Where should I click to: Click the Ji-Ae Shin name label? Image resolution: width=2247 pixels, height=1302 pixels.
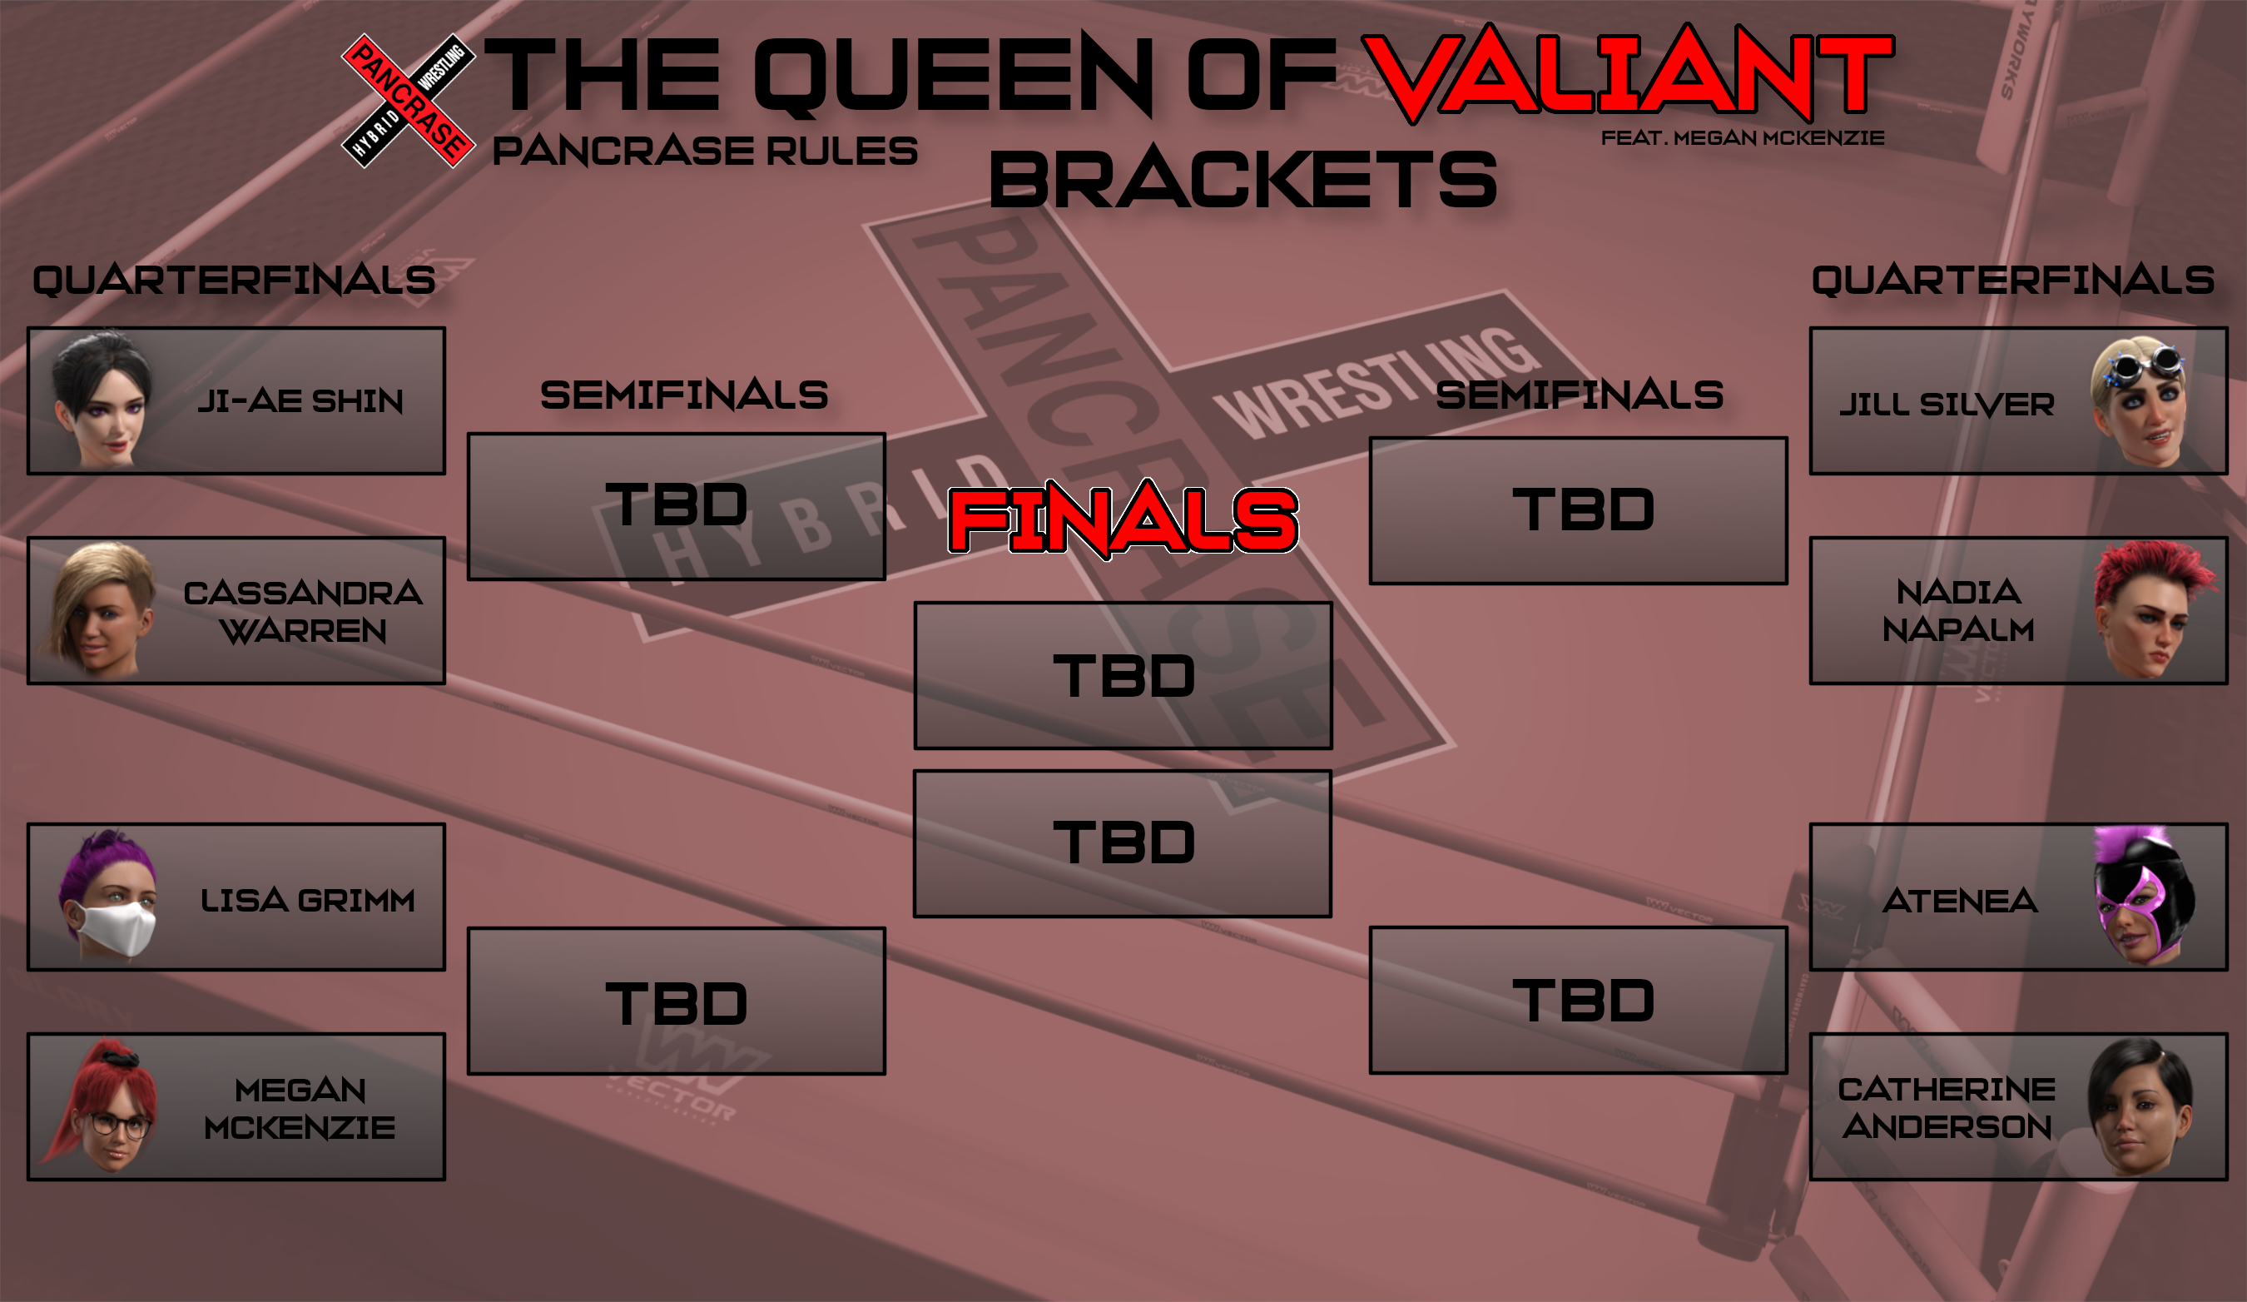tap(300, 401)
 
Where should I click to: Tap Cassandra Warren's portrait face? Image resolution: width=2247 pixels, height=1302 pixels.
tap(102, 610)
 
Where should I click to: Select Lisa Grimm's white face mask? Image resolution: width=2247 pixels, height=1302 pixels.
tap(114, 928)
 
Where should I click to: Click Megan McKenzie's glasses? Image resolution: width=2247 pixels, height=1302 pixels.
tap(118, 1126)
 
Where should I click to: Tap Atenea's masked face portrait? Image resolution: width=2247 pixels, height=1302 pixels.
tap(2144, 897)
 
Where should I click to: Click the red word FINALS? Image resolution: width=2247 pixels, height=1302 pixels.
tap(1123, 520)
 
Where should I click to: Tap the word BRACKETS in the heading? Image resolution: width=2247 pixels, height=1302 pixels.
tap(1243, 179)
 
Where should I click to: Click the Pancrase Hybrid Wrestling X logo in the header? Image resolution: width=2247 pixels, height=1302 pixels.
tap(409, 101)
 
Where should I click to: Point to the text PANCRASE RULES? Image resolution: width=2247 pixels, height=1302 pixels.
tap(704, 151)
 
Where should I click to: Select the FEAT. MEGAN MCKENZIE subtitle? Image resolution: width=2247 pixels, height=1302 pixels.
tap(1743, 138)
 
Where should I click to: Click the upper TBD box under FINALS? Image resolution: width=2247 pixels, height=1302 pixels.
tap(1123, 676)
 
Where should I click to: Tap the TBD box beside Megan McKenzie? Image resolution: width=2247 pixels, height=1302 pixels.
tap(676, 1001)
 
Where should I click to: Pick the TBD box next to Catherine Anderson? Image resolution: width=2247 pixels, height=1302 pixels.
tap(1578, 1001)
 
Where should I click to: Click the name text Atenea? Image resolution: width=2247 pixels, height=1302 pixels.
tap(1960, 901)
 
